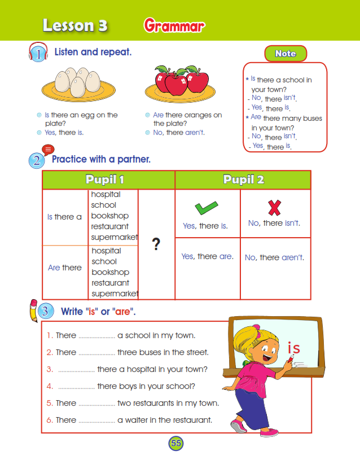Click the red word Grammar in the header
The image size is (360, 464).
[x=174, y=26]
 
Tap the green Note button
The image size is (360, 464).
[x=286, y=54]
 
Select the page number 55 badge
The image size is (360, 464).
[x=176, y=443]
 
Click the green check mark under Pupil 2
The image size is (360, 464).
[x=207, y=208]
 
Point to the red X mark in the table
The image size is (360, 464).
[x=274, y=208]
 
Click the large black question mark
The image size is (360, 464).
[x=156, y=244]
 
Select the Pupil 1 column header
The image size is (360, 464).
[x=108, y=180]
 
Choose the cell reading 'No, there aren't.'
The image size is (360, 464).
[x=274, y=257]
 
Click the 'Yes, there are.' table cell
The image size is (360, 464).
[x=207, y=256]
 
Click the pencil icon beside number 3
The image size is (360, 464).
[x=33, y=309]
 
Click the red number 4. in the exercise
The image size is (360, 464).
[x=50, y=386]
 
